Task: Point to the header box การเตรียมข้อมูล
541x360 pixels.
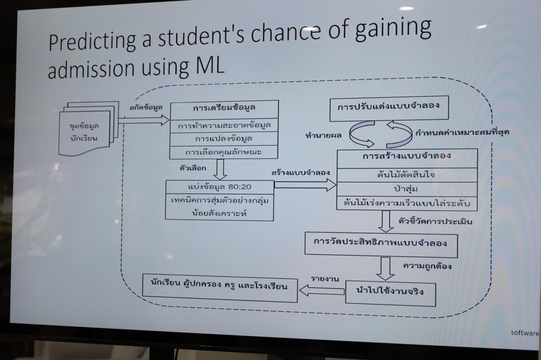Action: click(x=224, y=109)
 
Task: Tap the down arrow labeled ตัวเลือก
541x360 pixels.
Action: click(x=220, y=170)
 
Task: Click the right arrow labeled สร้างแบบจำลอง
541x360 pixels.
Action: click(x=305, y=184)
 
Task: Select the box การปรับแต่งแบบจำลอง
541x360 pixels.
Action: click(x=389, y=108)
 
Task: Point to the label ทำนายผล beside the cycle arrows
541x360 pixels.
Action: click(x=322, y=135)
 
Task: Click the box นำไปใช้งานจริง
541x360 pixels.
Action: click(x=390, y=292)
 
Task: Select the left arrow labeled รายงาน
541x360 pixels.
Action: click(x=321, y=290)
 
